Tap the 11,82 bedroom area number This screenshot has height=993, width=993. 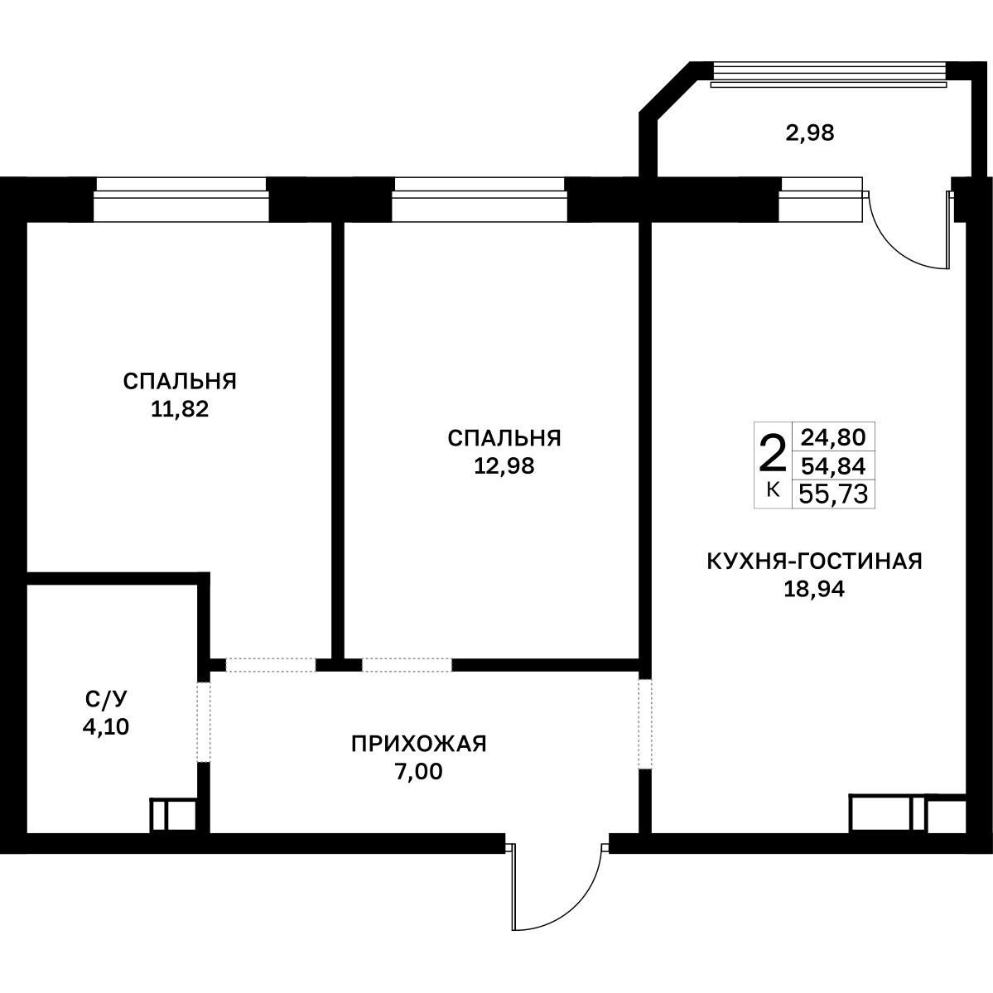click(x=180, y=409)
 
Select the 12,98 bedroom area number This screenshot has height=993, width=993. click(x=504, y=465)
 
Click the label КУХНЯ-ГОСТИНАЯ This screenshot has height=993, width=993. click(x=814, y=561)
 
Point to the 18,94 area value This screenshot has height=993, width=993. click(x=814, y=590)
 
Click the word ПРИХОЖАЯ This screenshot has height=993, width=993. click(x=418, y=744)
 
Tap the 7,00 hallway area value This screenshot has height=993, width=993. click(x=418, y=772)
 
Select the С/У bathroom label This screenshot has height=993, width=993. click(x=106, y=699)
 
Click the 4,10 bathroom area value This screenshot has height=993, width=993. click(x=106, y=726)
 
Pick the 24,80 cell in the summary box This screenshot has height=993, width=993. click(x=833, y=437)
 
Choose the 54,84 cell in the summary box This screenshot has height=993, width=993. click(x=833, y=466)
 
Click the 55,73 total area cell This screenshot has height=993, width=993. click(x=833, y=494)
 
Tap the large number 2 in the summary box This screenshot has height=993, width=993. click(x=773, y=454)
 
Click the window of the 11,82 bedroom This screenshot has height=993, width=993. click(x=181, y=200)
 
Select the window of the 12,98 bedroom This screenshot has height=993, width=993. click(x=480, y=200)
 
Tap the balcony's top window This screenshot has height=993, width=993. click(x=829, y=74)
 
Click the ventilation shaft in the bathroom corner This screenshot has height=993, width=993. click(x=173, y=816)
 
